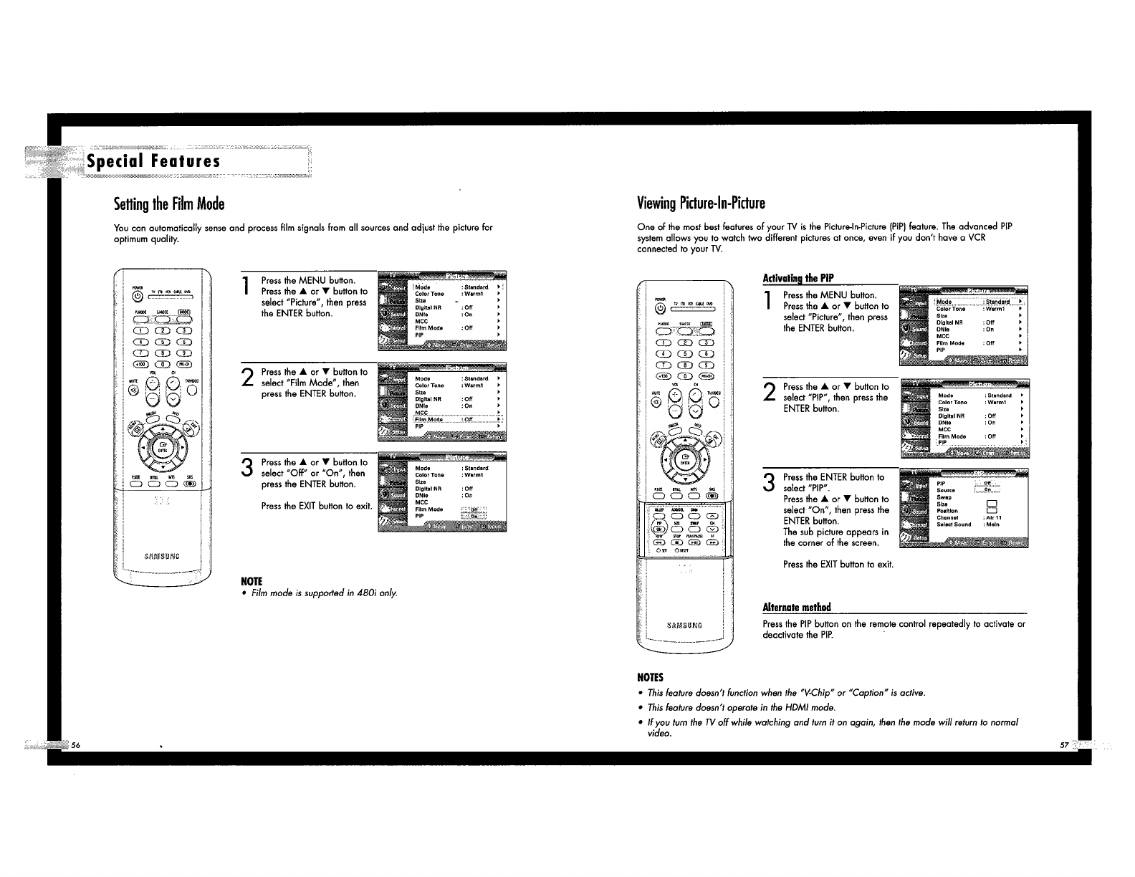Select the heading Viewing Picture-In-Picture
point(701,202)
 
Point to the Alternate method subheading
point(797,608)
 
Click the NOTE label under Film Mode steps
point(253,580)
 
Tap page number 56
point(75,745)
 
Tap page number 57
point(1063,745)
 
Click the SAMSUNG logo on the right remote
point(684,624)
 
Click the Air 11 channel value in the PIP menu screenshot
point(993,517)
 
